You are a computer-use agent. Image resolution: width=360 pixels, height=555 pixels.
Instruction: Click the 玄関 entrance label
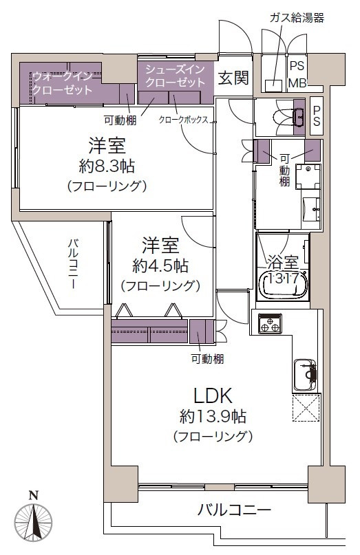tap(233, 78)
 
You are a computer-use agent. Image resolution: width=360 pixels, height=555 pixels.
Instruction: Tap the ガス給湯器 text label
tap(297, 18)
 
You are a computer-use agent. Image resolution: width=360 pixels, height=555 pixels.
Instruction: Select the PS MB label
tap(297, 75)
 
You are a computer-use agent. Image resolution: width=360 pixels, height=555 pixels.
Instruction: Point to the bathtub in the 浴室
tap(283, 283)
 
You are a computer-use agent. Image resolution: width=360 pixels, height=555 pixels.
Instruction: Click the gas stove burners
tap(270, 323)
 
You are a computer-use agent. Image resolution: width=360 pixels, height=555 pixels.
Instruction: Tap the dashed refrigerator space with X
tap(306, 408)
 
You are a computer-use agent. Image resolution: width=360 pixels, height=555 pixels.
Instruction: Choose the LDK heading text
tap(213, 395)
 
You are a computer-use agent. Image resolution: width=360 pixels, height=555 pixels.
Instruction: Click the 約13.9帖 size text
tap(213, 417)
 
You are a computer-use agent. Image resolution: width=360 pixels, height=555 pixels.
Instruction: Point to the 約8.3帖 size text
tap(107, 166)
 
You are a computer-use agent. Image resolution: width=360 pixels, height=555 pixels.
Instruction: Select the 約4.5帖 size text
tap(160, 266)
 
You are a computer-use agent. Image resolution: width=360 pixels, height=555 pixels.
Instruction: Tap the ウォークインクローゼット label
tap(63, 83)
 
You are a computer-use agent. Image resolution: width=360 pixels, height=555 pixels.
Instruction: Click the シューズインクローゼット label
tap(175, 76)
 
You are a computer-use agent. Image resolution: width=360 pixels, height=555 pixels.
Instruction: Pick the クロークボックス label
tap(183, 120)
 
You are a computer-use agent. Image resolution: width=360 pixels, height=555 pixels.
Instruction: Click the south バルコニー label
tap(234, 510)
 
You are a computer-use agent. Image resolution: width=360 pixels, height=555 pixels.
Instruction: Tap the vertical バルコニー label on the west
tap(74, 264)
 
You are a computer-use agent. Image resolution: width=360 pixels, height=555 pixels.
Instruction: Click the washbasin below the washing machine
tap(311, 210)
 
